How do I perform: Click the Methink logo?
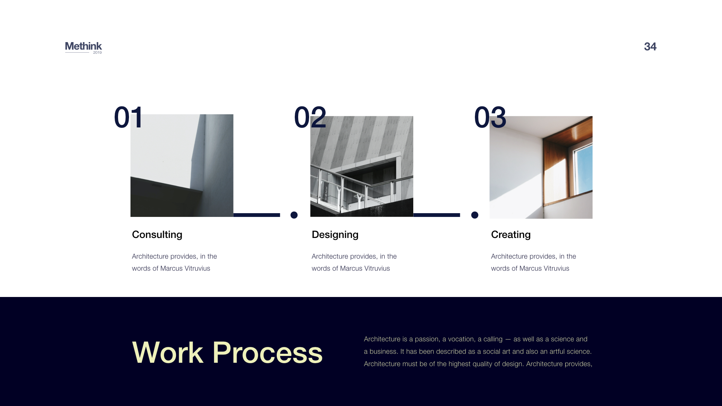click(83, 47)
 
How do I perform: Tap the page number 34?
click(650, 47)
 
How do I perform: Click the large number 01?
click(128, 117)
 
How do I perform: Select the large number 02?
click(310, 117)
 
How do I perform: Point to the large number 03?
click(490, 117)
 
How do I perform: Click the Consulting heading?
click(157, 235)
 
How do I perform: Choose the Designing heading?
click(335, 235)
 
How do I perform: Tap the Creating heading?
click(511, 235)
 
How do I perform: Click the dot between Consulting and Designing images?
click(294, 215)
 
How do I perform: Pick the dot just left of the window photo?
click(475, 215)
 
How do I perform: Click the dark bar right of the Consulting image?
click(257, 215)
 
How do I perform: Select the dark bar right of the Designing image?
click(437, 215)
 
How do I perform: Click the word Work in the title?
click(168, 353)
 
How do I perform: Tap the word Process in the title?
click(267, 353)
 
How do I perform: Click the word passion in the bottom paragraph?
click(426, 339)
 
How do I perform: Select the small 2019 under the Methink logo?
click(97, 53)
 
